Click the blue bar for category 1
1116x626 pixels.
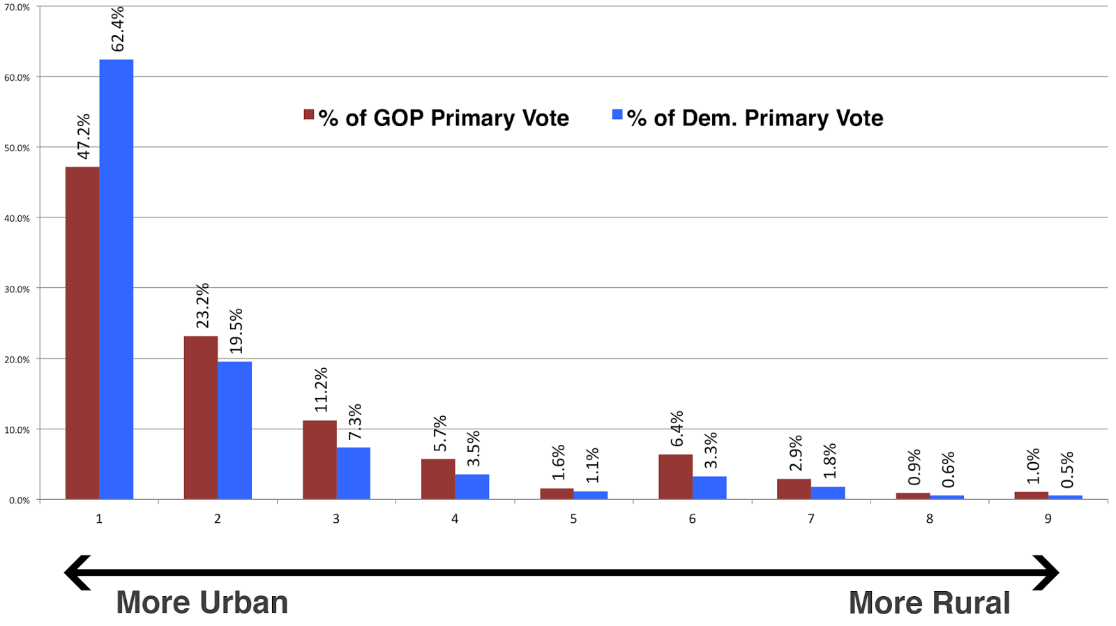pos(116,279)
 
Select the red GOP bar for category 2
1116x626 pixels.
pos(200,418)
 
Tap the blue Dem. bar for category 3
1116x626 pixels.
pos(353,473)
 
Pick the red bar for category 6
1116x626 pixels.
pos(675,477)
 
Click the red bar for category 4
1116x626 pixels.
pos(438,479)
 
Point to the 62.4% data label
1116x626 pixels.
pos(117,29)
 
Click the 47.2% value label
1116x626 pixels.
pos(83,137)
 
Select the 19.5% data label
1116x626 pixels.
pos(236,330)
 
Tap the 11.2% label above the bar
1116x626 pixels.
pos(320,390)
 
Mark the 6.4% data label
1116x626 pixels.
pos(676,429)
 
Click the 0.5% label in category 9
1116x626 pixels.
pos(1066,470)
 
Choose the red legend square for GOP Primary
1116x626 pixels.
pos(308,114)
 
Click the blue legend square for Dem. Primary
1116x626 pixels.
pos(617,114)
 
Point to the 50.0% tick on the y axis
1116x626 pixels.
pos(17,148)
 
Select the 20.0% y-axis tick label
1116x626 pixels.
pos(17,359)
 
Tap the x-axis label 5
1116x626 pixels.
pos(573,519)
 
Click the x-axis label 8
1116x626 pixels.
pos(929,519)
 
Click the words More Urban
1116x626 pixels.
pos(202,602)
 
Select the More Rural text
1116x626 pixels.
pos(929,603)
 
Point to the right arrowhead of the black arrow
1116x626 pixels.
pos(1048,573)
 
